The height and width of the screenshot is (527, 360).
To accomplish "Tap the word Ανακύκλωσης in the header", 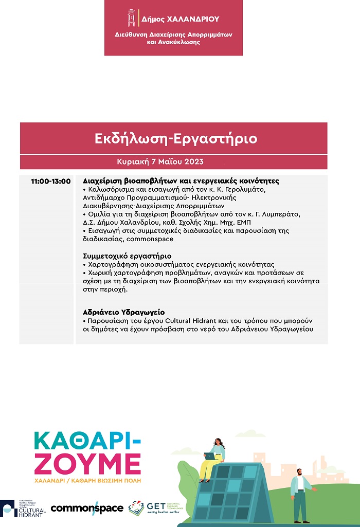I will coord(179,42).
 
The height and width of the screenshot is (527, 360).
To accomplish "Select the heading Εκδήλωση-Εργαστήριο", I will coord(176,139).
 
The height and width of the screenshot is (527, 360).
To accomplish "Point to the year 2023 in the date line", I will coord(192,161).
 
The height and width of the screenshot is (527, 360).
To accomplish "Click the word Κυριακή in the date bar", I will coord(133,161).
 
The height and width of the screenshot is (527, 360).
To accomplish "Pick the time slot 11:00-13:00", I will coord(50,181).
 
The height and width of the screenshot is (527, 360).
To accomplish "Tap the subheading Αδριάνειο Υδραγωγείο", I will coord(123,312).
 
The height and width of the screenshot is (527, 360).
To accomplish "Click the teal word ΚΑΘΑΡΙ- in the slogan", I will coord(87,441).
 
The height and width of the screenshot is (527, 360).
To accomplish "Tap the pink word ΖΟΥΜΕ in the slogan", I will coord(87,464).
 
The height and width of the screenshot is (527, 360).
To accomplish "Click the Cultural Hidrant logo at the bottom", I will coord(24,508).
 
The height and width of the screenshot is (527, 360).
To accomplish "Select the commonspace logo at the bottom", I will coord(87,508).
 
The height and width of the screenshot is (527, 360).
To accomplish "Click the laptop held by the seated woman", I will coord(209,456).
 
